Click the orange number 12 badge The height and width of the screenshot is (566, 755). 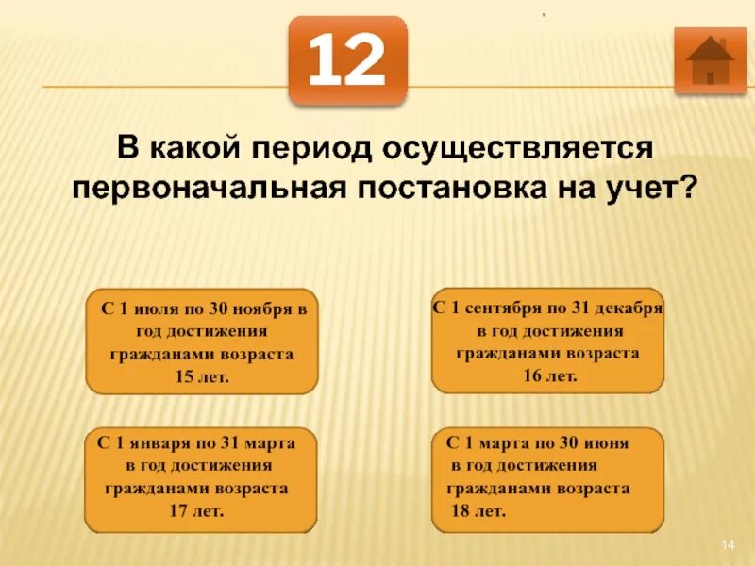(x=347, y=59)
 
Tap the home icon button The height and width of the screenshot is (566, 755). (x=710, y=60)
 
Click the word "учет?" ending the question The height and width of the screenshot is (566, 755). (x=657, y=188)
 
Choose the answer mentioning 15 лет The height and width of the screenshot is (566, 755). (x=202, y=341)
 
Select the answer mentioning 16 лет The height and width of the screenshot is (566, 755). (x=547, y=341)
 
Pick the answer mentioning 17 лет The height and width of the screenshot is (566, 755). (x=200, y=478)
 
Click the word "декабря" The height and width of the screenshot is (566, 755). (x=631, y=308)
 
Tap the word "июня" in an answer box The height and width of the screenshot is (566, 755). (x=604, y=441)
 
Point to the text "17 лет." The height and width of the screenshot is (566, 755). (x=200, y=511)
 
